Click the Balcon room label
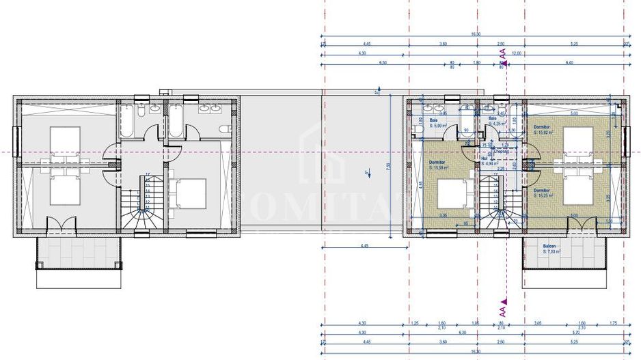[x=549, y=247]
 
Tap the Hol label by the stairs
[x=484, y=158]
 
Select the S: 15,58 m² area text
[x=438, y=167]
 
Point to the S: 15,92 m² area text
[x=545, y=133]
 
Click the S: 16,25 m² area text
[x=545, y=195]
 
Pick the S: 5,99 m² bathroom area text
[x=438, y=126]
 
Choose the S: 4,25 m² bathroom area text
[x=496, y=124]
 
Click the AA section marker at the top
[x=503, y=53]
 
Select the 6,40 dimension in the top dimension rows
[x=569, y=62]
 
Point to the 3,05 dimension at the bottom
[x=538, y=323]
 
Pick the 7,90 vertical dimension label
[x=387, y=165]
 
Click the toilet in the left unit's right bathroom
[x=223, y=130]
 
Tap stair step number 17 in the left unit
[x=148, y=175]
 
